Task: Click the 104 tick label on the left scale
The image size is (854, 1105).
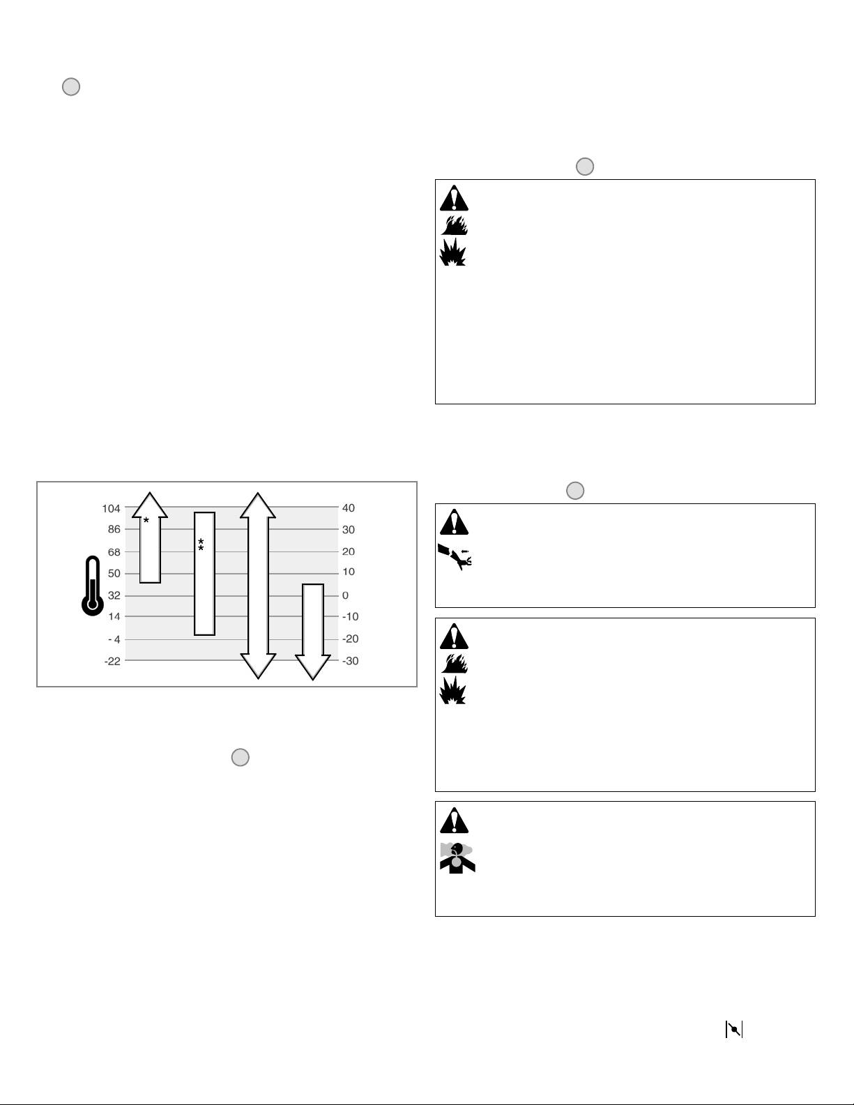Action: click(111, 508)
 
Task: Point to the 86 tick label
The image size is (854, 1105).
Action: click(113, 529)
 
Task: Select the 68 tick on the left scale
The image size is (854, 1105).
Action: click(113, 552)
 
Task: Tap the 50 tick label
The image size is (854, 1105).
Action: click(113, 573)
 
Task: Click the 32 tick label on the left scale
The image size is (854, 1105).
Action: click(113, 595)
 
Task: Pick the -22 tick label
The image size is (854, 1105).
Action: click(112, 661)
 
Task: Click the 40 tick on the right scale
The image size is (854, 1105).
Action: click(348, 508)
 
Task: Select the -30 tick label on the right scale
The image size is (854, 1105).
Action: click(350, 661)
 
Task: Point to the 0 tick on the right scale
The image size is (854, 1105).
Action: click(345, 595)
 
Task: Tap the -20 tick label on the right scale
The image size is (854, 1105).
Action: click(350, 639)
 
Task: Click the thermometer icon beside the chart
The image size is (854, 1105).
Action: click(92, 586)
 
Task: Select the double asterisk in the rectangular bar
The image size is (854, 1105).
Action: click(201, 545)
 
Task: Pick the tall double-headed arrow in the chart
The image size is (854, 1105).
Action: click(258, 586)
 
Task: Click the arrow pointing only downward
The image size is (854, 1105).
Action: click(312, 631)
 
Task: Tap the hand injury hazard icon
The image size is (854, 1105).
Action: click(455, 556)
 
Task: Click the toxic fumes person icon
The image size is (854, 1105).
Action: click(457, 858)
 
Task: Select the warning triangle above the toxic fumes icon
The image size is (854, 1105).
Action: click(455, 821)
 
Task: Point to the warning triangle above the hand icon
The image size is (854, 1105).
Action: click(455, 521)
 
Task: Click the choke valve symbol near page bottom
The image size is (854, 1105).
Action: click(734, 1029)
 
